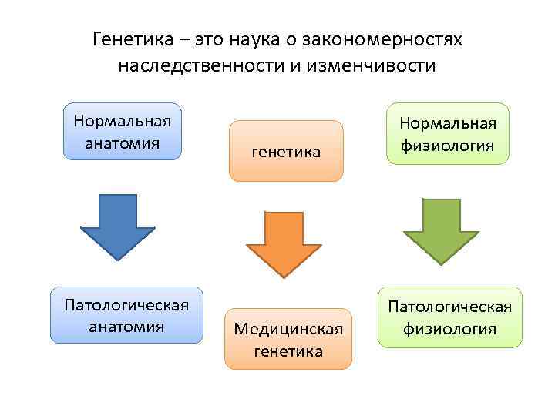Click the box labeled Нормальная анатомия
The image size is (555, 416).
tap(123, 131)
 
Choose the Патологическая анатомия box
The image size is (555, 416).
tap(126, 314)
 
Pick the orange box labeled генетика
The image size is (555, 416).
tap(286, 151)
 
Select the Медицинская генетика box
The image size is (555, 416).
tap(288, 339)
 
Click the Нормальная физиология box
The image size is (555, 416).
tap(447, 134)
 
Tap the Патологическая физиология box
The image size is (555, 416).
tap(449, 317)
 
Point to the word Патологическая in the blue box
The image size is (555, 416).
tap(126, 304)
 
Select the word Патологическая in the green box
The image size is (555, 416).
tap(449, 307)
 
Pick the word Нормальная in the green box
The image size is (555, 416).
tap(447, 123)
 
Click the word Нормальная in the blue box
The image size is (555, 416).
tap(123, 121)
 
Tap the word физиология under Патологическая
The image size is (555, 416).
tap(449, 330)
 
